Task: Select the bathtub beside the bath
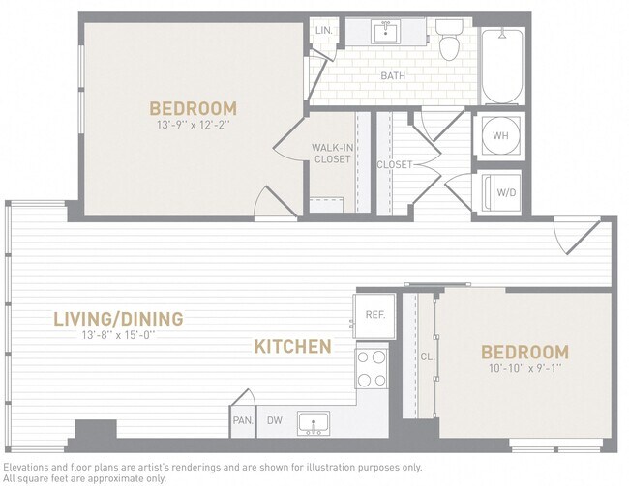coord(502,66)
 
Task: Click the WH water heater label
coord(500,136)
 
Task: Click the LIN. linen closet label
coord(323,31)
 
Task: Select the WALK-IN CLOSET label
coord(331,154)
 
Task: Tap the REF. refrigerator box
coord(374,315)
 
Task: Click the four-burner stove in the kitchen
coord(372,368)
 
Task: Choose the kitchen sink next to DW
coord(313,422)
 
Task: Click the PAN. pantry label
coord(242,420)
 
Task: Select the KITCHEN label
coord(292,346)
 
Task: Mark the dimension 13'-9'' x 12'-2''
coord(192,125)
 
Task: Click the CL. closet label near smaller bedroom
coord(427,357)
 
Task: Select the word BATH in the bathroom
coord(393,75)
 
